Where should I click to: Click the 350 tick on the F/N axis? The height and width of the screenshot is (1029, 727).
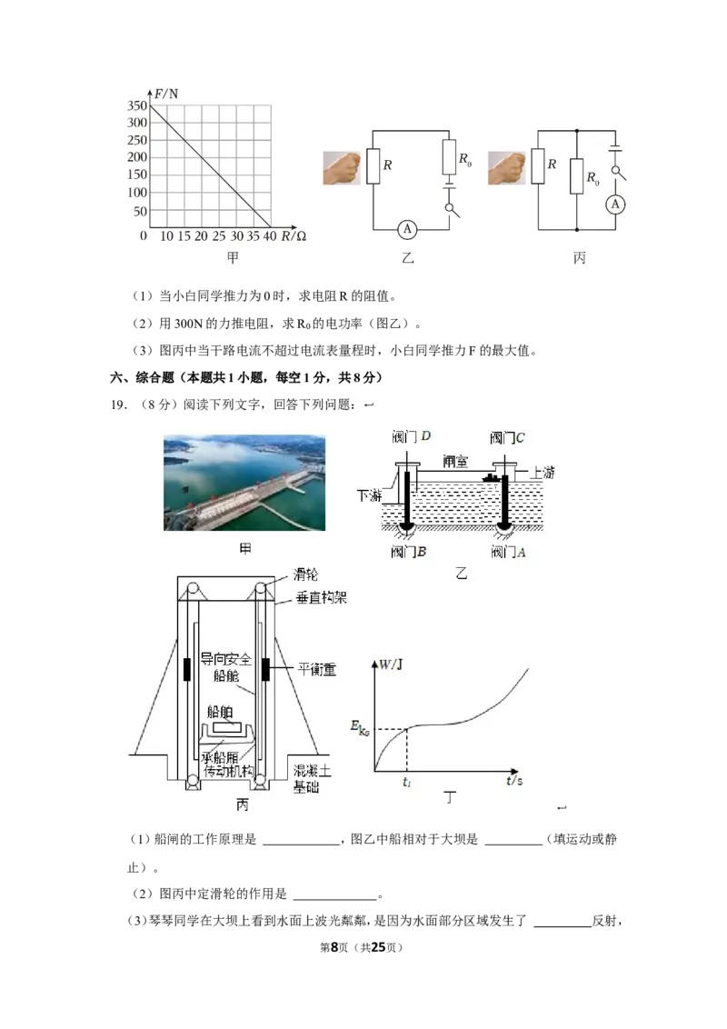pos(137,105)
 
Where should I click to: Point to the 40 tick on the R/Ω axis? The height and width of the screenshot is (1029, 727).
pos(270,236)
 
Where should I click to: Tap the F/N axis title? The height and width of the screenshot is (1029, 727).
pos(166,94)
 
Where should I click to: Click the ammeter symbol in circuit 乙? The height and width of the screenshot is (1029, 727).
pos(407,229)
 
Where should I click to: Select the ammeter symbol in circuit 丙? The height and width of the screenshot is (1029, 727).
pos(615,205)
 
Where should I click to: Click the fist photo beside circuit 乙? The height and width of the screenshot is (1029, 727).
pos(342,168)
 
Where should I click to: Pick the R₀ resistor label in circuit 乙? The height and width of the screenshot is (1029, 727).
pos(464,159)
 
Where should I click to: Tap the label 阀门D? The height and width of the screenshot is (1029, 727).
pos(412,436)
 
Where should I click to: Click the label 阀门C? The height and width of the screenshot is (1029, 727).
pos(507,438)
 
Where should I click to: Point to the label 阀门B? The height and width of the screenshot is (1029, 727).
pos(409,552)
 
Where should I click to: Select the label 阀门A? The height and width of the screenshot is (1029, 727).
pos(509,553)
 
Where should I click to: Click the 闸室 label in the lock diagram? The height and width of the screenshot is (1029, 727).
pos(455,462)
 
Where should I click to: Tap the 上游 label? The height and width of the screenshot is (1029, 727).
pos(542,473)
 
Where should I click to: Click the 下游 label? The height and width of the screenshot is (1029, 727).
pos(369,495)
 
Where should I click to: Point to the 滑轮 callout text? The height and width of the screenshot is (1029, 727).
pos(305,574)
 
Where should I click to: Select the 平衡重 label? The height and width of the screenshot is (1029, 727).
pos(317,669)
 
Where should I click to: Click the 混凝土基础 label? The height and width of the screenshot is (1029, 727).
pos(312,778)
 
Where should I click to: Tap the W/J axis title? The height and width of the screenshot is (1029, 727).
pos(391,664)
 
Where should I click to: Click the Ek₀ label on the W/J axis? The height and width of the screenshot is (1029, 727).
pos(360,728)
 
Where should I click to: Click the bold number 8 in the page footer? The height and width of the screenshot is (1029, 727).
pos(334,947)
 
